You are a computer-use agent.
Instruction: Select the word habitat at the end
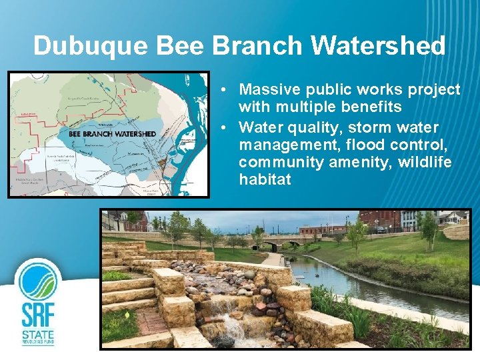coord(265,180)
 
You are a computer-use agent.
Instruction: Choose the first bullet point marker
coord(227,90)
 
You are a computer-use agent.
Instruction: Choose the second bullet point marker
coord(227,127)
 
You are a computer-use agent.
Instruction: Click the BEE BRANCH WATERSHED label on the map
coord(112,134)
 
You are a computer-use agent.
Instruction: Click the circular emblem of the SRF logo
coord(39,280)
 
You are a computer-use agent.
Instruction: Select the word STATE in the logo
coord(38,333)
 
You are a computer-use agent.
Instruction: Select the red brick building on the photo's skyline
coord(380,220)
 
